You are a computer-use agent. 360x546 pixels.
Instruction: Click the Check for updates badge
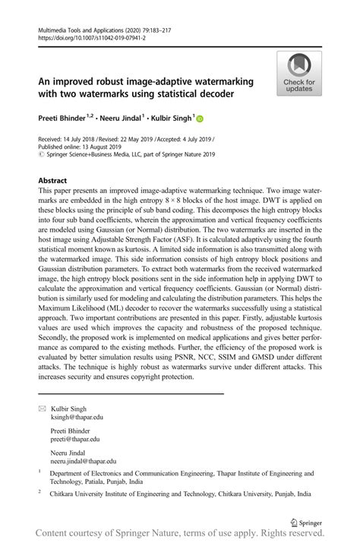[x=298, y=74]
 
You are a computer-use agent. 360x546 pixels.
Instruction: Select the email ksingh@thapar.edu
[x=77, y=417]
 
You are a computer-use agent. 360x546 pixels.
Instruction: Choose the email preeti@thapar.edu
[x=74, y=439]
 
